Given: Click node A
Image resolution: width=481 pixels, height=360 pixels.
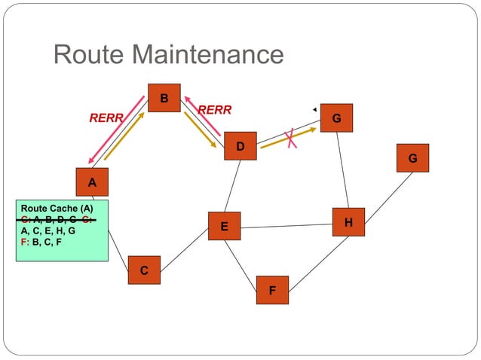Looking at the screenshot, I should (x=92, y=182).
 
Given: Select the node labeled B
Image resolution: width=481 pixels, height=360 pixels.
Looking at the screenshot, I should (x=164, y=98).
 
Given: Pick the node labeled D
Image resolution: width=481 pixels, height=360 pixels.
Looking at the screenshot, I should (x=240, y=146).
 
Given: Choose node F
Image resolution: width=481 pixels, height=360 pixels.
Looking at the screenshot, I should (x=272, y=290).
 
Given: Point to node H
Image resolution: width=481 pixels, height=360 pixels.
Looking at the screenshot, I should (x=348, y=222).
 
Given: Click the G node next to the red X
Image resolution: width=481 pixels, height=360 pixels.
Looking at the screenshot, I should (x=336, y=118).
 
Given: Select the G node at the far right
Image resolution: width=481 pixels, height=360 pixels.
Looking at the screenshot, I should (x=412, y=158).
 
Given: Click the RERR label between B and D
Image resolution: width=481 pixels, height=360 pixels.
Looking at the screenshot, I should (x=214, y=111).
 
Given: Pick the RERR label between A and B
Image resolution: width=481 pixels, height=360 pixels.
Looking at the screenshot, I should (x=106, y=117).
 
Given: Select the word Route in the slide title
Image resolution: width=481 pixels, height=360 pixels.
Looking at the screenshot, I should (x=88, y=54).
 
